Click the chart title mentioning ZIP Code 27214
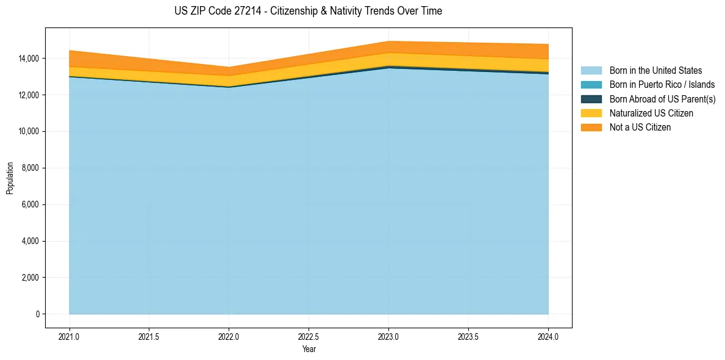tap(308, 11)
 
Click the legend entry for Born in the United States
tap(655, 71)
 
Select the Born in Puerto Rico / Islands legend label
tap(662, 85)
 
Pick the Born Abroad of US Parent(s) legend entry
tap(662, 99)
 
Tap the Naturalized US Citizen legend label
tap(651, 113)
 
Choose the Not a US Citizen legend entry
tap(640, 127)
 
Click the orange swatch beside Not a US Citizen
tap(591, 127)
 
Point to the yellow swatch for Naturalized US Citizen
tap(591, 113)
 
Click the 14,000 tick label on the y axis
tap(28, 59)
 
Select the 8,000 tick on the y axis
tap(30, 168)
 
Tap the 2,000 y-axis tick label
tap(30, 278)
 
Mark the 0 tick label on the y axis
tap(37, 314)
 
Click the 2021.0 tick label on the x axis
tap(70, 336)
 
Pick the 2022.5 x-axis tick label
tap(309, 336)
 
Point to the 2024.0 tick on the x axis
tap(548, 336)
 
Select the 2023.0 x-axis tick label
tap(388, 336)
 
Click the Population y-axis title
tap(10, 178)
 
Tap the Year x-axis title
tap(309, 349)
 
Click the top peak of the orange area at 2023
tap(388, 42)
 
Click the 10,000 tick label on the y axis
tap(28, 132)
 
